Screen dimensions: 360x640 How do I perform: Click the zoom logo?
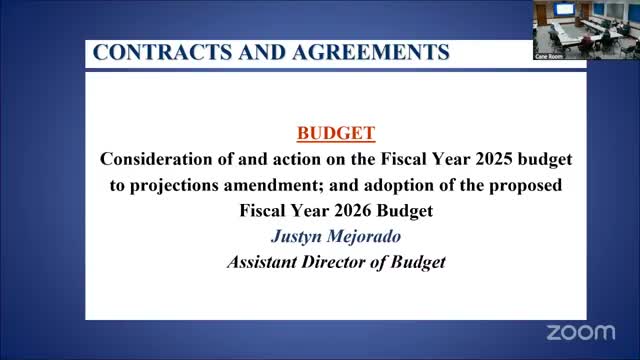(582, 331)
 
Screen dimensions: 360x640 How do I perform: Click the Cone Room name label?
(548, 56)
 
